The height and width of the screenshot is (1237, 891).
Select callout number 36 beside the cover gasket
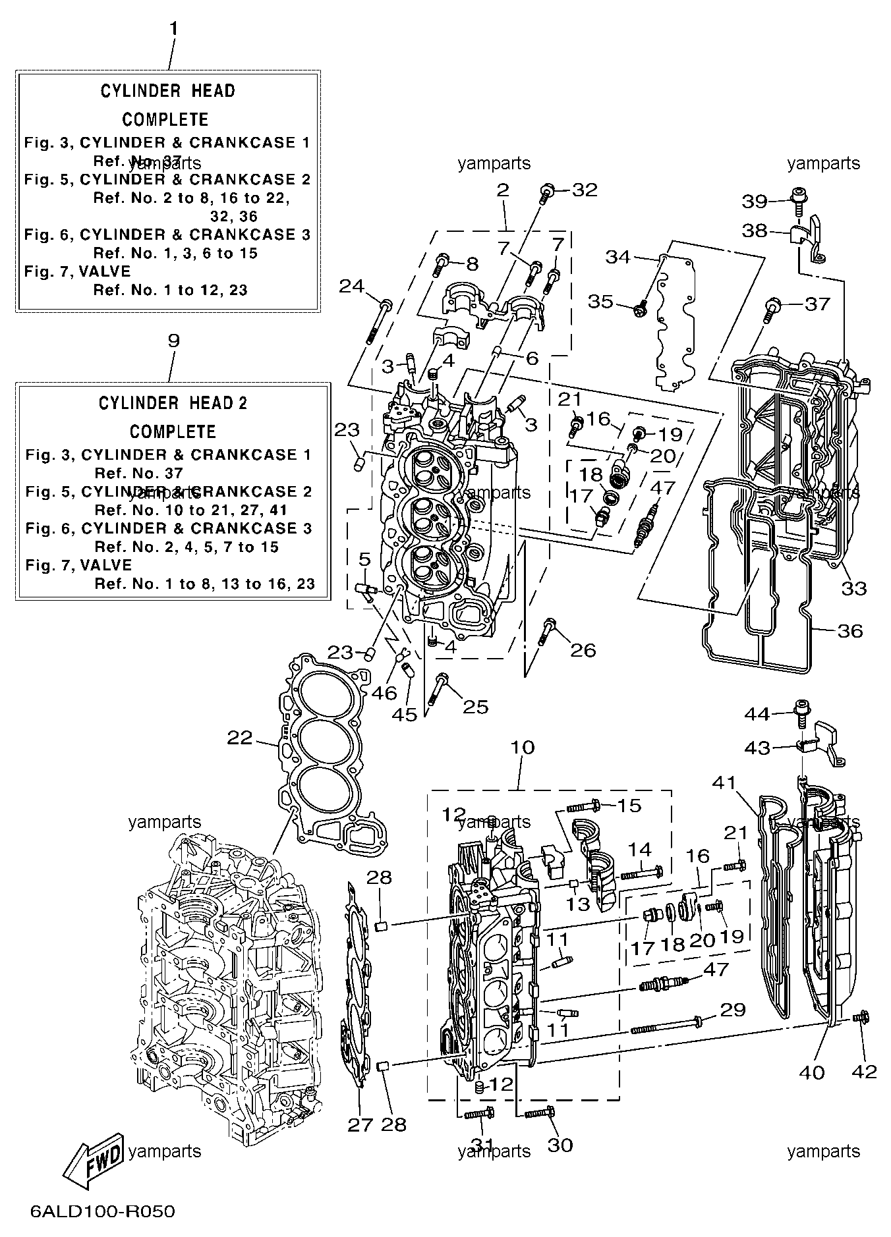click(850, 630)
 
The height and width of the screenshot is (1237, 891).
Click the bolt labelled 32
click(546, 193)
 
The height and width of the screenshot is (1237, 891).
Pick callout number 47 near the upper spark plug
click(663, 488)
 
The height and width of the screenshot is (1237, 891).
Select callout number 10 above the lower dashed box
click(522, 748)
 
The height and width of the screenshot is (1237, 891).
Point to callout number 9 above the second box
click(173, 341)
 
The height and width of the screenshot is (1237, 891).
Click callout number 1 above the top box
click(173, 28)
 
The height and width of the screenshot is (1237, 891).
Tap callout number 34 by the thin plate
click(618, 256)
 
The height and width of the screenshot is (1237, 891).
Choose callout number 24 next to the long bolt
click(352, 285)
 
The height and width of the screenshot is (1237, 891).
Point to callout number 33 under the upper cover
click(854, 588)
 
